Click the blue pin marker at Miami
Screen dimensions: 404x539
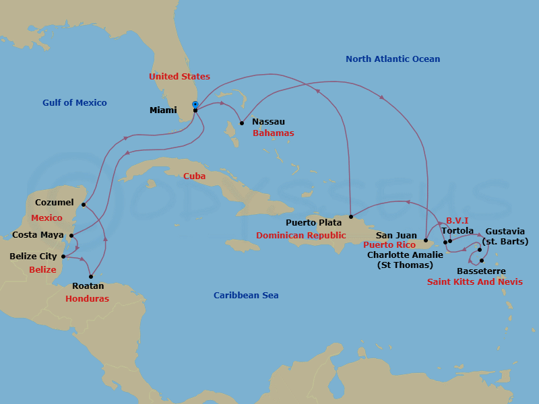pos(195,105)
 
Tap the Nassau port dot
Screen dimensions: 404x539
pos(242,123)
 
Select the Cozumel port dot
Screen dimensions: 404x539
pos(84,205)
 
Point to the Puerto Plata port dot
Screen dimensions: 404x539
pos(351,217)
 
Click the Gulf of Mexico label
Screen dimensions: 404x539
pos(74,103)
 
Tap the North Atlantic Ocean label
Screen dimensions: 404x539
pos(393,59)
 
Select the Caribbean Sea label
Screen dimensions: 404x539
pos(246,296)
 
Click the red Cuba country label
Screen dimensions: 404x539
pos(195,176)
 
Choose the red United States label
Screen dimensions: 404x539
pos(179,77)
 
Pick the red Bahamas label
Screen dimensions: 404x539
pos(273,133)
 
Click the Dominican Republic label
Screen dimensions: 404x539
pos(301,236)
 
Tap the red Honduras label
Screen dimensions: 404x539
pos(88,299)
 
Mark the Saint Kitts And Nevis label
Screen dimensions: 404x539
pos(474,282)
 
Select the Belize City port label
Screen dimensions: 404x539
pos(33,257)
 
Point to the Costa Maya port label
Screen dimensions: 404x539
pos(38,235)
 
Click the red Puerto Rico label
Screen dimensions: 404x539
pos(389,245)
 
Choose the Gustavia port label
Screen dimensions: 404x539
pos(505,231)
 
